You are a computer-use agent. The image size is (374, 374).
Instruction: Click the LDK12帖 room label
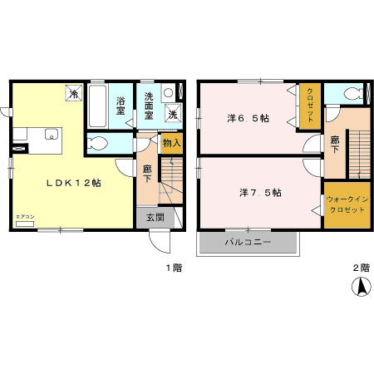point(73,183)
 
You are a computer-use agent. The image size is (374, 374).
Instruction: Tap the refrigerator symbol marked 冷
point(74,95)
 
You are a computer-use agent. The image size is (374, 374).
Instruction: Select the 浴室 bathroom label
point(121,106)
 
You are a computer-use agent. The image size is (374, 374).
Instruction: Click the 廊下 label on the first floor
point(147,173)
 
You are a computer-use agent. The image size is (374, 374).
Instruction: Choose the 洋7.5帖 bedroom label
point(259,193)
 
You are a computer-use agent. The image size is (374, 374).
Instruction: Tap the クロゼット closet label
point(310,106)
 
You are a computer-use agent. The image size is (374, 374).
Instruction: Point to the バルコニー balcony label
point(247,243)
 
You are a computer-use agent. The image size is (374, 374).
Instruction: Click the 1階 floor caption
point(172,268)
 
